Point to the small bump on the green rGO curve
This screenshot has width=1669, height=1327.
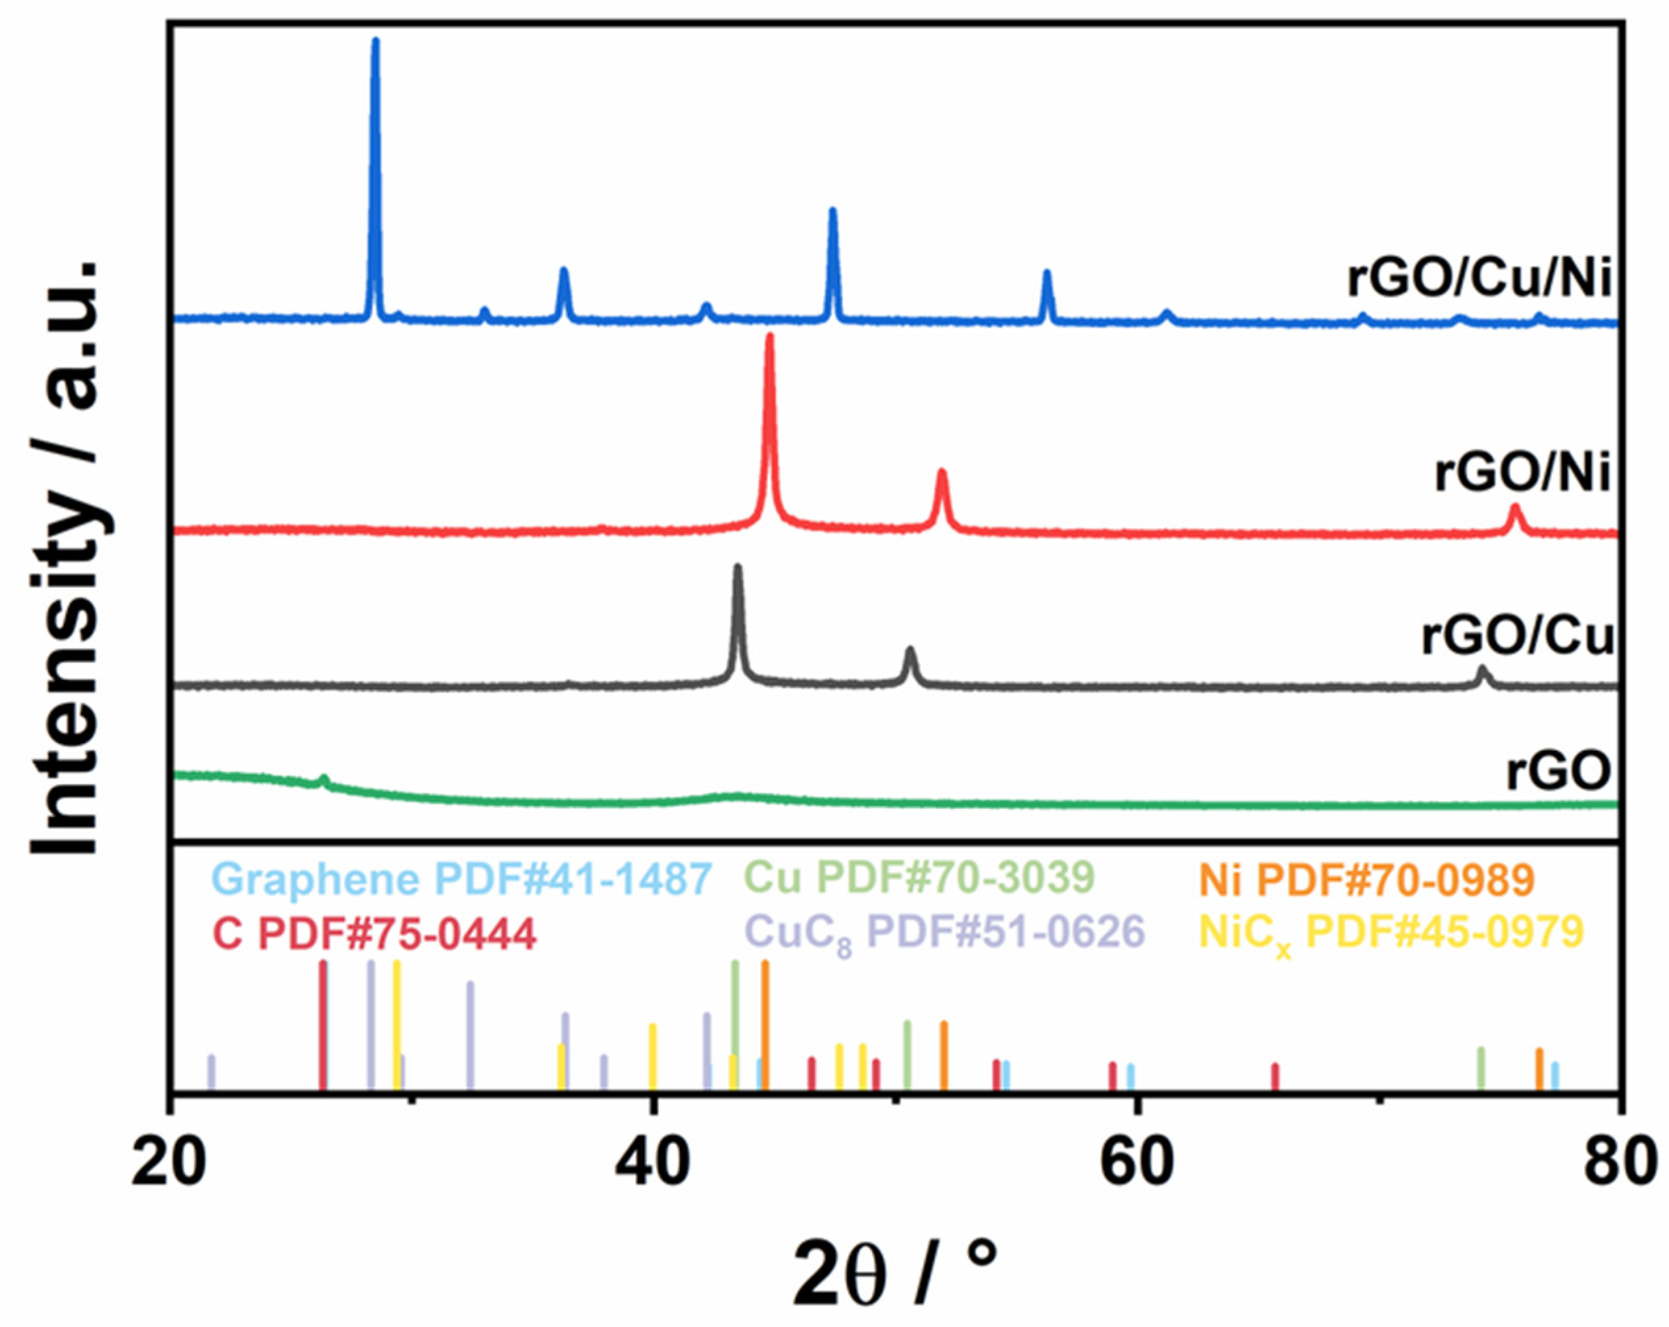click(x=324, y=779)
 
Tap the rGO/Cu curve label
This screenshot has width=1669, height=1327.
click(x=1516, y=637)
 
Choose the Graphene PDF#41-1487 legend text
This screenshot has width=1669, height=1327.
click(x=462, y=879)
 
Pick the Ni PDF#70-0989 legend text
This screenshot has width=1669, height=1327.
click(x=1366, y=879)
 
